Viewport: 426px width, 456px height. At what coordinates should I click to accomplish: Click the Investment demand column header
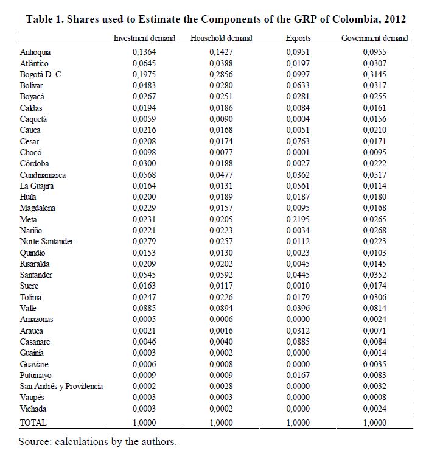click(144, 38)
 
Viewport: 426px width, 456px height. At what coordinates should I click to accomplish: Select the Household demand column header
click(221, 38)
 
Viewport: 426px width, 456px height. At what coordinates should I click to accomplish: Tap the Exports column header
click(298, 38)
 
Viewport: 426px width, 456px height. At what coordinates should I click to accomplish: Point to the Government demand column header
click(374, 38)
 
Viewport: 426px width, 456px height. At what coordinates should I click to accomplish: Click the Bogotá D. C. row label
click(41, 75)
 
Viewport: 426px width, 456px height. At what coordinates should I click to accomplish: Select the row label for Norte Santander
click(47, 242)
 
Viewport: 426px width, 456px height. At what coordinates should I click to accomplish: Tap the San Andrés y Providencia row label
click(61, 387)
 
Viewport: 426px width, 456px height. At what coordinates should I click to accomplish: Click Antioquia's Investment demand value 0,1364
click(144, 52)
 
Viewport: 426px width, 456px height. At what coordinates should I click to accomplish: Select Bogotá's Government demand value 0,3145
click(374, 75)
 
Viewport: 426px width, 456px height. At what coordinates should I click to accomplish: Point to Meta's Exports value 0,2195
click(298, 220)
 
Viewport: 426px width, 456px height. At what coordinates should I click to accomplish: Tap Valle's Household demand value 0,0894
click(221, 309)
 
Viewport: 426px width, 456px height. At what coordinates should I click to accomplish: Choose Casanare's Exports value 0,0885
click(298, 342)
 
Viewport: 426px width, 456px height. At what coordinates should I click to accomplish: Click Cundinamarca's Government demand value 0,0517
click(374, 175)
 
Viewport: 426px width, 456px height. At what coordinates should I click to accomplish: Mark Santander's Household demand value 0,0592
click(221, 275)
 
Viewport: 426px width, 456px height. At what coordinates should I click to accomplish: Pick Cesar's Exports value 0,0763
click(298, 142)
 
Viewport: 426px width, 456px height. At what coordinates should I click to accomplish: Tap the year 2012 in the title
click(393, 19)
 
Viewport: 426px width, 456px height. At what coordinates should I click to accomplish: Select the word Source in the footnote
click(34, 441)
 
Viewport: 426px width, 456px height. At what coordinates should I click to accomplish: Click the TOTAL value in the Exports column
click(298, 422)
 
